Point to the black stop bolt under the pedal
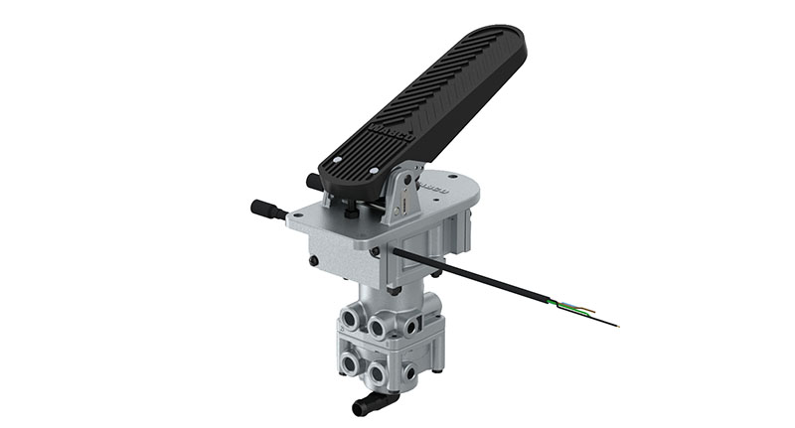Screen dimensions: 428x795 coord(350,210)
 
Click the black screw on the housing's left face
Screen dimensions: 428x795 coord(315,261)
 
